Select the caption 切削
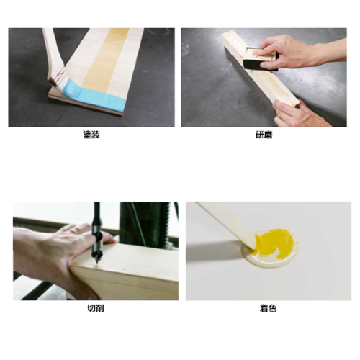(x=94, y=308)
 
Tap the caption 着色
(x=268, y=308)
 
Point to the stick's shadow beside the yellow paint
(x=216, y=245)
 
